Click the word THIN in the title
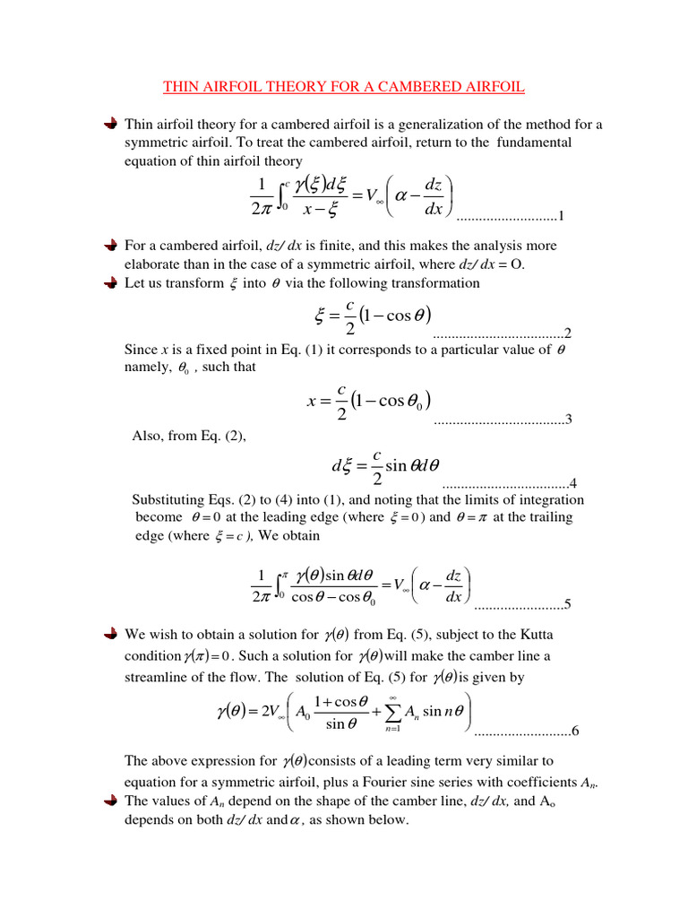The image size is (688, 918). coord(179,87)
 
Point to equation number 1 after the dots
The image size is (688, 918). coord(560,216)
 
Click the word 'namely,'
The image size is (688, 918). coord(144,368)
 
